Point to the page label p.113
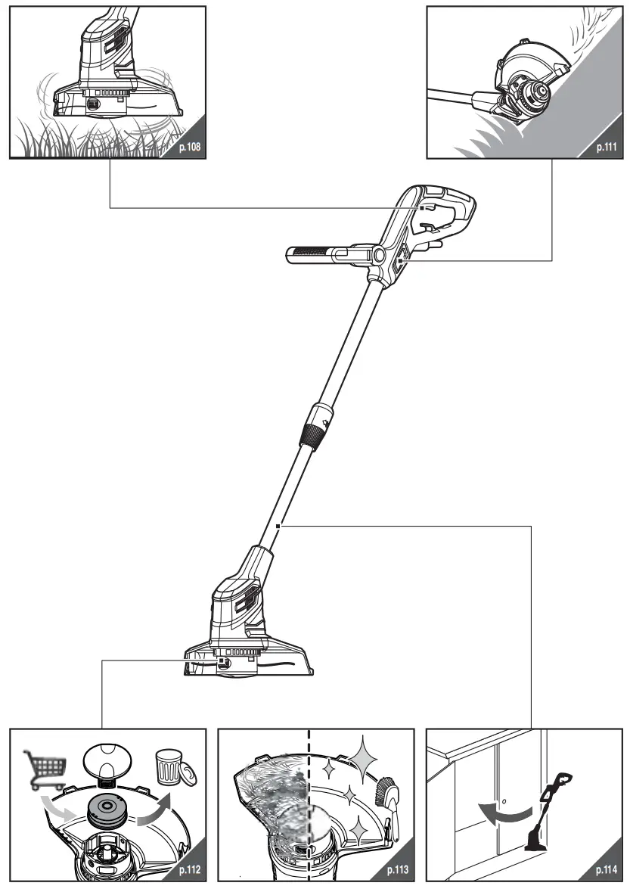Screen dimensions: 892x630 (398, 870)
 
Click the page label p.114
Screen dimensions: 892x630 (607, 870)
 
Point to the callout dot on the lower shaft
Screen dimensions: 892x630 (280, 525)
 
